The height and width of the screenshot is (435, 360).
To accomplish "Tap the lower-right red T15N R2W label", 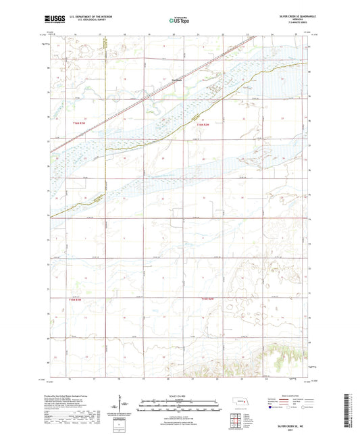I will pos(205,298).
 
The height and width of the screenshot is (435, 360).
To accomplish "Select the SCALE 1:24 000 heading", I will pos(179,396).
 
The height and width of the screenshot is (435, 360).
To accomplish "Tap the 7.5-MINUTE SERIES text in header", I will pos(290,23).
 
